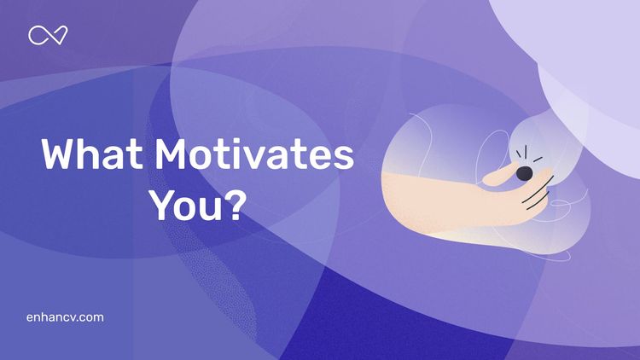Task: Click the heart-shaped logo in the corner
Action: [x=48, y=35]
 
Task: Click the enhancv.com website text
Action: [x=66, y=317]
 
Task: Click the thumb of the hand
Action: [x=499, y=176]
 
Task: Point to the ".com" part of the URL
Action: [x=88, y=317]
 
